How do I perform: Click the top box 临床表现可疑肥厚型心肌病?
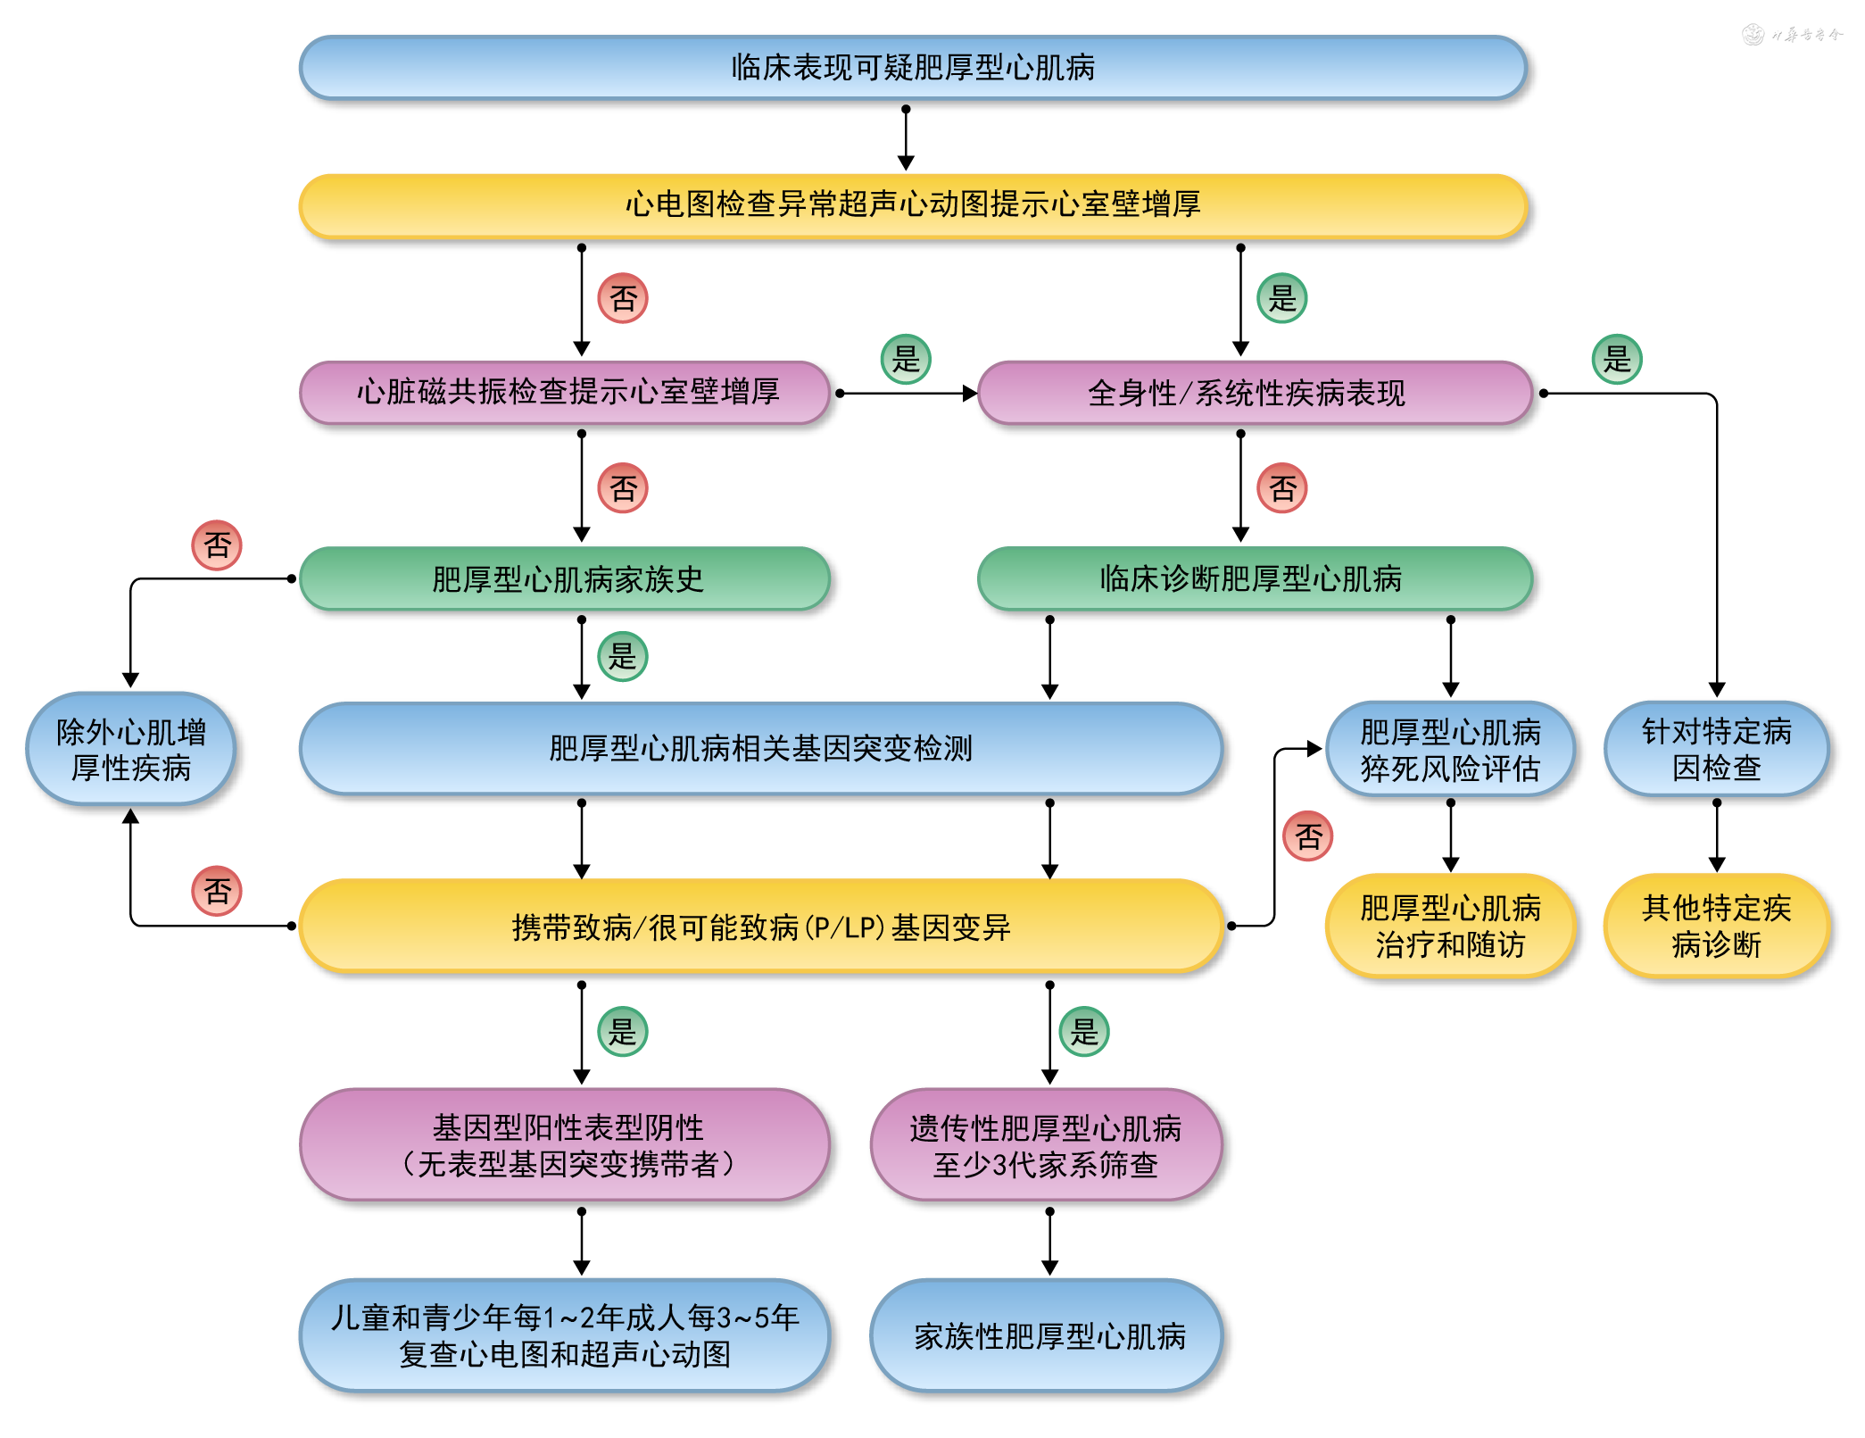pyautogui.click(x=913, y=68)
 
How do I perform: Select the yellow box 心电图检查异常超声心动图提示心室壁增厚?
pyautogui.click(x=913, y=205)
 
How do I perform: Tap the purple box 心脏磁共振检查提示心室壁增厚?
pyautogui.click(x=567, y=393)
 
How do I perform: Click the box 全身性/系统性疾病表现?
pyautogui.click(x=1254, y=393)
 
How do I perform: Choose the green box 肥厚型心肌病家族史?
pyautogui.click(x=567, y=579)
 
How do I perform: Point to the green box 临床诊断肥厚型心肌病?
pyautogui.click(x=1254, y=579)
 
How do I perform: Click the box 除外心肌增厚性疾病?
pyautogui.click(x=131, y=750)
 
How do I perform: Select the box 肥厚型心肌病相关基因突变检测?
pyautogui.click(x=760, y=748)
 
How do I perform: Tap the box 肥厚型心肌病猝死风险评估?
pyautogui.click(x=1450, y=750)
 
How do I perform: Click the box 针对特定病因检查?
pyautogui.click(x=1716, y=750)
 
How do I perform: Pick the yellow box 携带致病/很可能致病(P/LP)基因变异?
pyautogui.click(x=760, y=927)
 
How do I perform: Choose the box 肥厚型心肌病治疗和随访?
pyautogui.click(x=1450, y=927)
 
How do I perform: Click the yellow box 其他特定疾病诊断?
pyautogui.click(x=1716, y=927)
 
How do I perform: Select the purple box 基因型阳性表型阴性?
pyautogui.click(x=567, y=1145)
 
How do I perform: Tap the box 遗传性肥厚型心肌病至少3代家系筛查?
pyautogui.click(x=1046, y=1145)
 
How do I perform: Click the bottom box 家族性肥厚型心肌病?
pyautogui.click(x=1046, y=1336)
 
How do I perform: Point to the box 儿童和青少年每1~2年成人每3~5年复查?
pyautogui.click(x=565, y=1336)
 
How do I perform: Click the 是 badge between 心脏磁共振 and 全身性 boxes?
pyautogui.click(x=906, y=360)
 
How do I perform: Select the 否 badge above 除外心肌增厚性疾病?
pyautogui.click(x=217, y=545)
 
